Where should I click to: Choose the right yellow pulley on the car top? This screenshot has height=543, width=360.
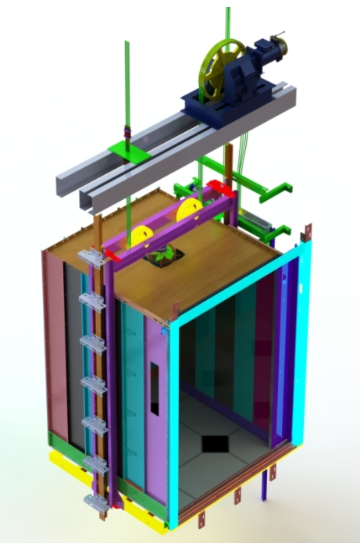pyautogui.click(x=190, y=210)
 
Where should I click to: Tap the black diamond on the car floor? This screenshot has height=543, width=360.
pyautogui.click(x=216, y=443)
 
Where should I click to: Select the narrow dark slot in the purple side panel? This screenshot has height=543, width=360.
pyautogui.click(x=155, y=388)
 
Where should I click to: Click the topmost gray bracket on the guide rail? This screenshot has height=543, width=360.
pyautogui.click(x=91, y=258)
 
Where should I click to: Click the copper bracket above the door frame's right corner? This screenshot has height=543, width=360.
pyautogui.click(x=308, y=231)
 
